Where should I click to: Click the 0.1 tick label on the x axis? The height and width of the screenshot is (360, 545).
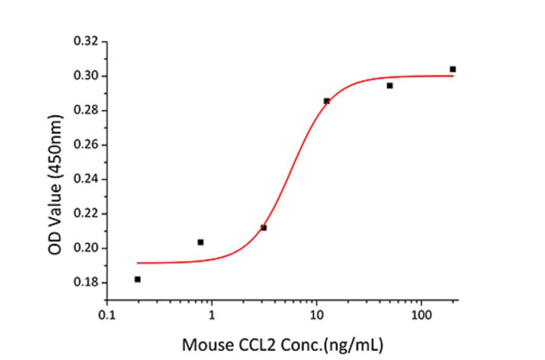coord(107,317)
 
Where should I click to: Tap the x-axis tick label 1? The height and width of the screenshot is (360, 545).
coord(212,317)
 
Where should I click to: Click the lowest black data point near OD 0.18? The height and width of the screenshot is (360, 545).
coord(137,279)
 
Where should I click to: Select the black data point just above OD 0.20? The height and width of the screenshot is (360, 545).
coord(200,242)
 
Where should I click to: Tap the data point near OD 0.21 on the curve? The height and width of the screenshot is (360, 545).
coord(263,228)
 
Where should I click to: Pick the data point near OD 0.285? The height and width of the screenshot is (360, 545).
coord(326,101)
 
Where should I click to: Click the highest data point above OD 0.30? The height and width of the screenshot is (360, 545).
coord(452,69)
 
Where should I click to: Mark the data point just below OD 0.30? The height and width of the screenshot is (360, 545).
coord(389,85)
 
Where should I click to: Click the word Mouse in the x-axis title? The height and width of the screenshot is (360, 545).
coord(203,346)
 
